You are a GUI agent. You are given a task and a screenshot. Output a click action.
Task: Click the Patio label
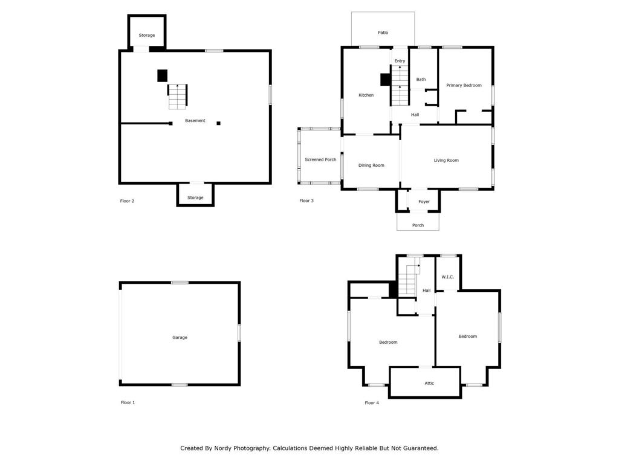(x=383, y=33)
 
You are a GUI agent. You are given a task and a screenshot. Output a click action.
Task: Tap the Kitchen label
(x=366, y=95)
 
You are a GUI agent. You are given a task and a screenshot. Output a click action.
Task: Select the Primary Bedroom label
(x=464, y=85)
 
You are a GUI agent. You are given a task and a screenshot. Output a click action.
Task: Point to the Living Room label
(x=446, y=160)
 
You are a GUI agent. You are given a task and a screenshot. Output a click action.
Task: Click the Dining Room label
(x=371, y=166)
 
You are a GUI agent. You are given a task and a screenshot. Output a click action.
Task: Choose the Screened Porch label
(x=320, y=159)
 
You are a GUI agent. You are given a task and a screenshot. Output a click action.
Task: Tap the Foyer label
(x=424, y=202)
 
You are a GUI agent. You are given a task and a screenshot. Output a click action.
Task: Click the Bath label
(x=421, y=79)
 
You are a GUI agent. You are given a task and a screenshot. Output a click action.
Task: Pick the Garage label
(x=180, y=337)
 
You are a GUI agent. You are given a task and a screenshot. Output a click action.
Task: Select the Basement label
(x=195, y=121)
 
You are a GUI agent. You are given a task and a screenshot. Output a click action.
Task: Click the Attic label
(x=429, y=383)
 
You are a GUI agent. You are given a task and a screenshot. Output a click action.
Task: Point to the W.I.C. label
(x=448, y=277)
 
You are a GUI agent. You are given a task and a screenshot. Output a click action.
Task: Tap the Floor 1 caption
(x=128, y=402)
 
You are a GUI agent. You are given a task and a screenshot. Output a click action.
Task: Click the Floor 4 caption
(x=372, y=403)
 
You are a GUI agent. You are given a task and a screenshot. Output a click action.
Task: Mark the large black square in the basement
(x=162, y=76)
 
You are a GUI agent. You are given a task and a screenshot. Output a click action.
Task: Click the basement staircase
(x=178, y=96)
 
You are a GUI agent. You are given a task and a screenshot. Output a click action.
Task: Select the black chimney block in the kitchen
(x=385, y=80)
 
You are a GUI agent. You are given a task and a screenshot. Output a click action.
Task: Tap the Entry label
(x=400, y=61)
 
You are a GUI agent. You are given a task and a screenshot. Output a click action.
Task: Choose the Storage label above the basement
(x=147, y=36)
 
